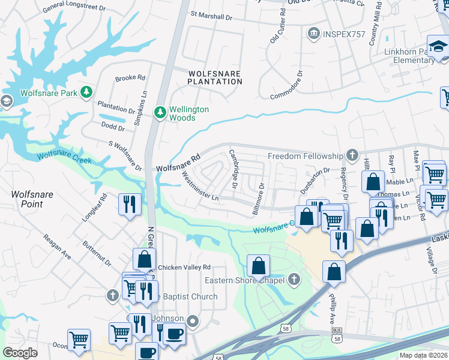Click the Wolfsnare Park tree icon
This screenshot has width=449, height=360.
pos(87,92)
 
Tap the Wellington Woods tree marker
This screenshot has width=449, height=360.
pos(160,112)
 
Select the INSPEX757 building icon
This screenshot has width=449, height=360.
pos(313,34)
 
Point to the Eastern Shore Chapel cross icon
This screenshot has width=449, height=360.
pos(294,280)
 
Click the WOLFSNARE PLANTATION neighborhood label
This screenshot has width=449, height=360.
pos(214,77)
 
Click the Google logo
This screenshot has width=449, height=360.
pos(20,352)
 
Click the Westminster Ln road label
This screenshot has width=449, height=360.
pos(199,186)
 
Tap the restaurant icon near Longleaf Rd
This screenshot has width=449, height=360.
pos(129,204)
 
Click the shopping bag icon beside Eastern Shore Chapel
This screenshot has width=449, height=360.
pos(258,265)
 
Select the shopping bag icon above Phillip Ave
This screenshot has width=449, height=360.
pos(334,271)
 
